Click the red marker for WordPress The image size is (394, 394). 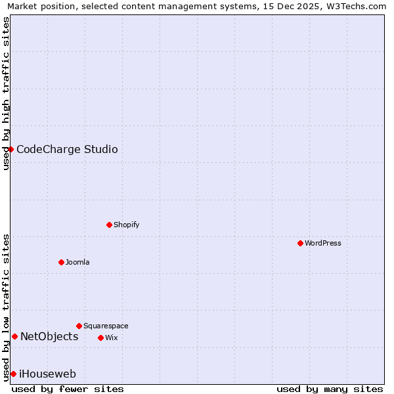[300, 243]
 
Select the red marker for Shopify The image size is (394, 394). [109, 225]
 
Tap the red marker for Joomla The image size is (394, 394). [61, 262]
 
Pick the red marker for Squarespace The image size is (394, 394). [79, 326]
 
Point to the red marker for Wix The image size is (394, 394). [100, 338]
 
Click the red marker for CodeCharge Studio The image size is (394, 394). [11, 149]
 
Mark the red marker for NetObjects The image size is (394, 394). [14, 337]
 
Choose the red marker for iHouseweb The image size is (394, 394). [13, 374]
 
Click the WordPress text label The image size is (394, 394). [323, 243]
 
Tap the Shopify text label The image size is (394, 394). [127, 225]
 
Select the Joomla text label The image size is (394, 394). [77, 262]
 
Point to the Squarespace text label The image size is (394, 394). [106, 326]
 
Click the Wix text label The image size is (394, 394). [112, 338]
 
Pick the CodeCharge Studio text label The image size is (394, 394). [67, 149]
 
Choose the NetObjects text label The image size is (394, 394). [49, 337]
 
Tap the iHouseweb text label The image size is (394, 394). [47, 374]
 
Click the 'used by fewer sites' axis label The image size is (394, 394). [68, 389]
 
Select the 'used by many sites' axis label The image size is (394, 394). [330, 389]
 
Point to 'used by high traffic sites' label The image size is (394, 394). [6, 93]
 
